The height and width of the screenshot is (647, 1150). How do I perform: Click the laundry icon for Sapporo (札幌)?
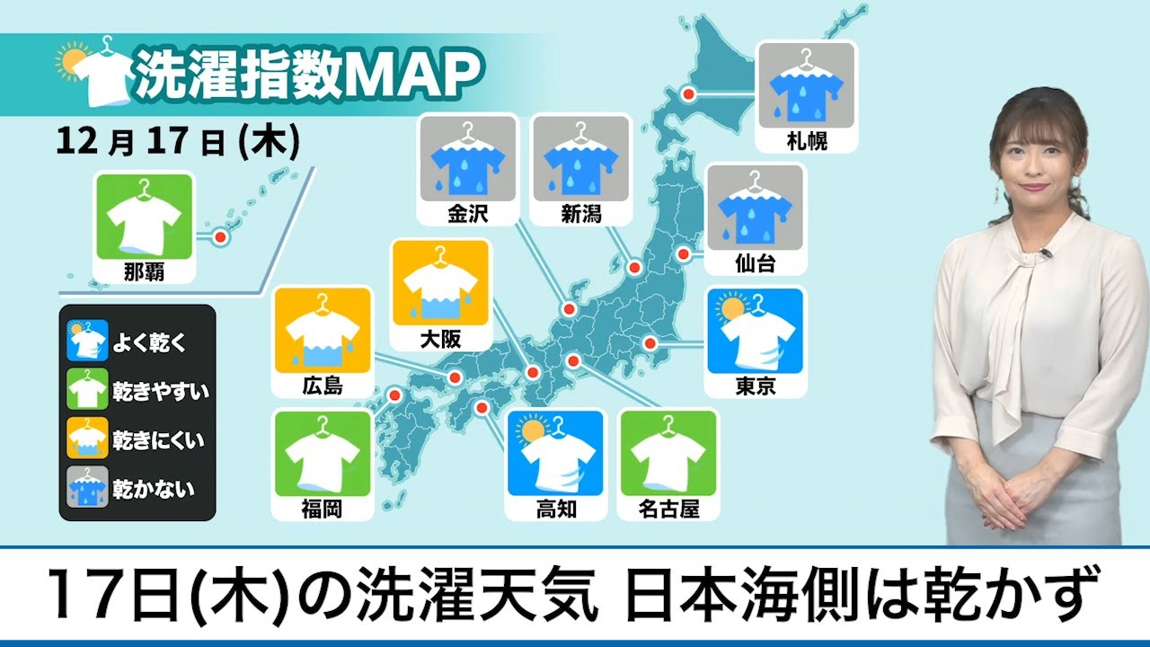coord(807,85)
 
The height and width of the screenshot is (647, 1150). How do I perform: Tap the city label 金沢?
coord(466,214)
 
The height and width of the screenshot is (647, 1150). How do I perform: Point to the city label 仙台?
coord(755,263)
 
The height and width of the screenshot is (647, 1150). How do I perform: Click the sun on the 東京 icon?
coord(730,307)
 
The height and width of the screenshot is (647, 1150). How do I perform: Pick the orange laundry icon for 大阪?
coord(440,282)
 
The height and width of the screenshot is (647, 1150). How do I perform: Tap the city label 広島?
coord(322,386)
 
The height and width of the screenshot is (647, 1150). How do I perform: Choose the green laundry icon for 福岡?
coord(322,455)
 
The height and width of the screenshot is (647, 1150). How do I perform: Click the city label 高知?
coord(556,510)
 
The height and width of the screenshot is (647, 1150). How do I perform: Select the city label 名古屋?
coord(668,510)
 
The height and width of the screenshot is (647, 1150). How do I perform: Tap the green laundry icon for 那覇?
coord(144,217)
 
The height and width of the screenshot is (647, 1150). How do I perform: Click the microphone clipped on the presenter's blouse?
coord(1045,255)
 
